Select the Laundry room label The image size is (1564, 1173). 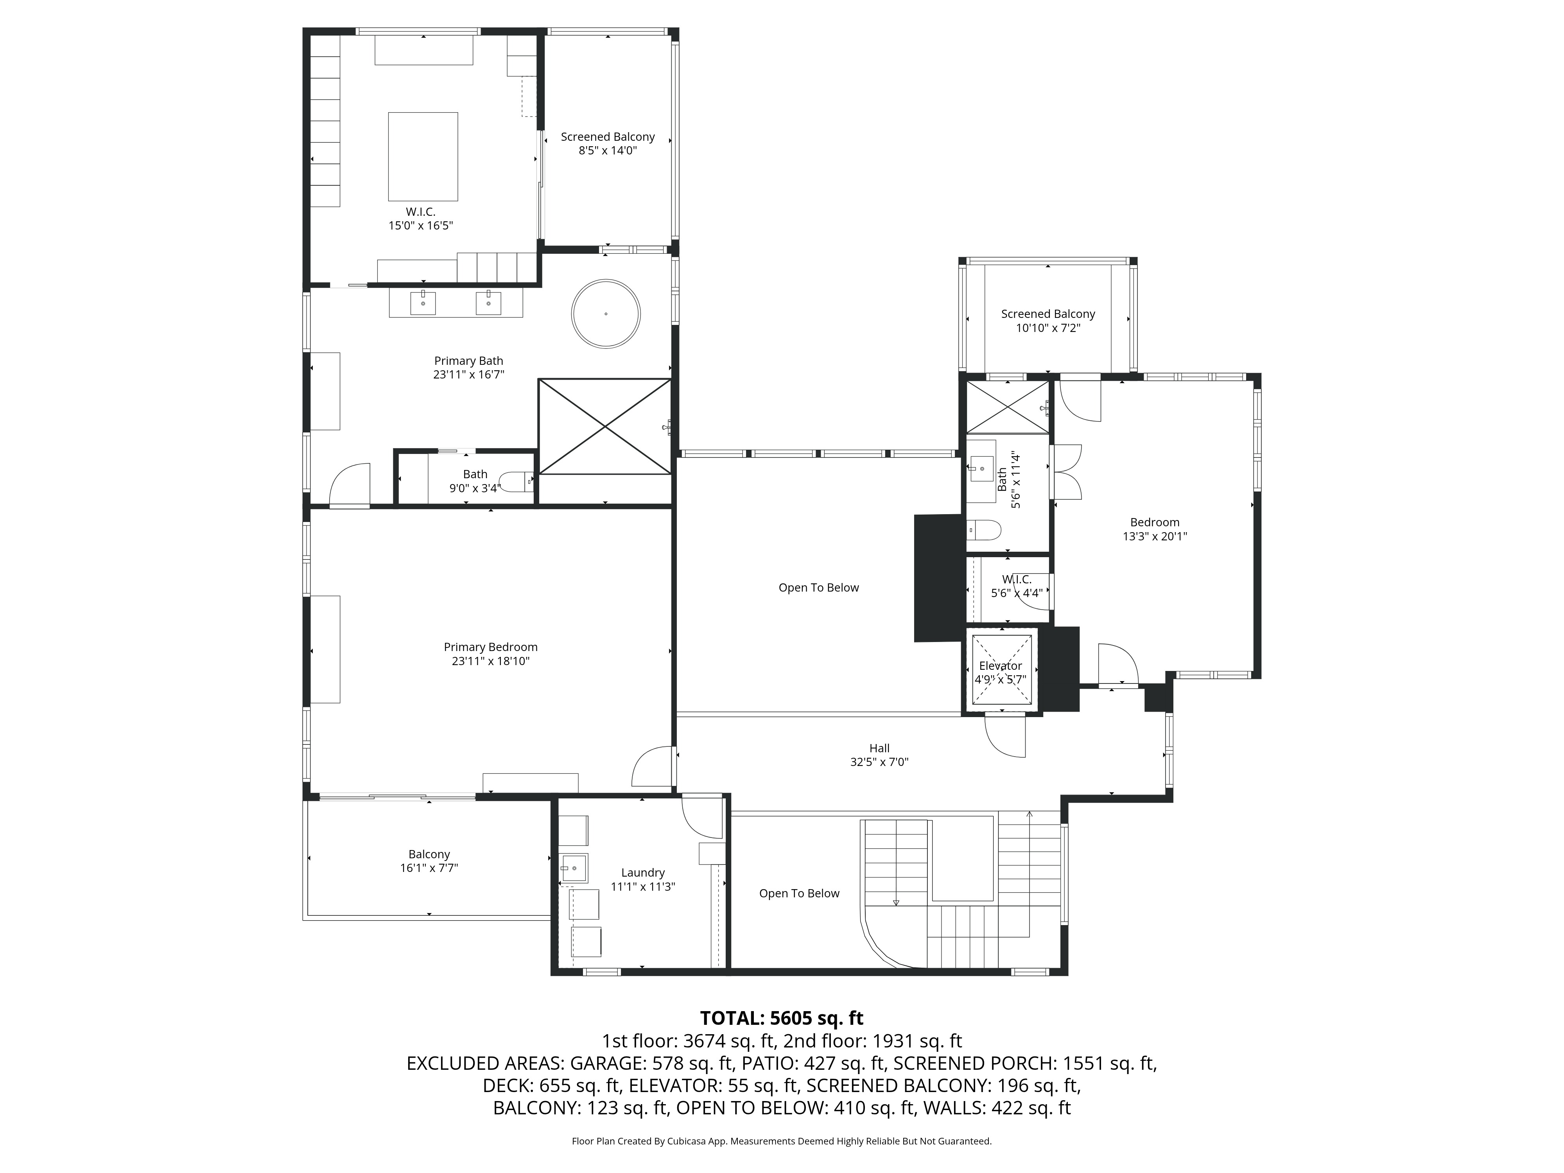[x=643, y=872]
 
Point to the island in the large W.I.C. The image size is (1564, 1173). [x=422, y=156]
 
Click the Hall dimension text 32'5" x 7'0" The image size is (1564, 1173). [x=879, y=762]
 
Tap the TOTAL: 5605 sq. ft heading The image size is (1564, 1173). [x=781, y=1018]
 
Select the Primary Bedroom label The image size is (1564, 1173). [x=490, y=647]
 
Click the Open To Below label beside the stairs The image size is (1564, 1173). [x=799, y=894]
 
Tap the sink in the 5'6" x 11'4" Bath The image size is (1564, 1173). [x=981, y=465]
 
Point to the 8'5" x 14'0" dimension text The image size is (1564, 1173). [x=607, y=151]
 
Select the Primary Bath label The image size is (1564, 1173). [x=468, y=361]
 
